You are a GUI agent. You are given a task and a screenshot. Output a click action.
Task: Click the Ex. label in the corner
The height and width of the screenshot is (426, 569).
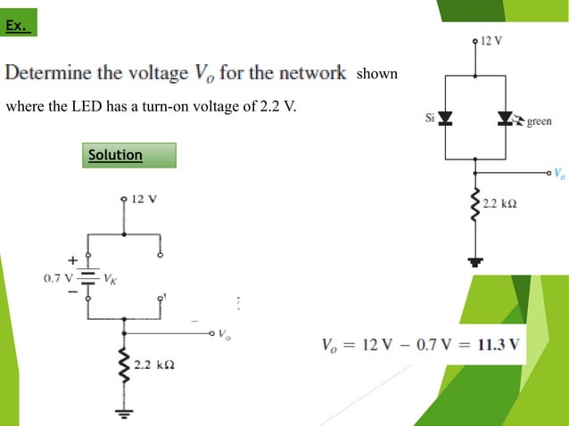coord(16,27)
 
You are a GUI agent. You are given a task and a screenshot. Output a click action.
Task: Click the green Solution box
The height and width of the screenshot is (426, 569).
coord(128,155)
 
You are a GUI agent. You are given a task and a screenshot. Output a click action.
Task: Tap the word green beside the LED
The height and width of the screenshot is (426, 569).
coord(539,122)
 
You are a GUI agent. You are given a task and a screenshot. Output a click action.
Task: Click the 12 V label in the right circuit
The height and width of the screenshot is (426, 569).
coord(491,41)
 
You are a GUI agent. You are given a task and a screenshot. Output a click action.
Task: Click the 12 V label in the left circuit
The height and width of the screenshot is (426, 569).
coord(144,198)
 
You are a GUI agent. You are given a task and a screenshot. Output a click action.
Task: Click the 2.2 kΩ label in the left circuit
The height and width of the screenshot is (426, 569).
coord(153,365)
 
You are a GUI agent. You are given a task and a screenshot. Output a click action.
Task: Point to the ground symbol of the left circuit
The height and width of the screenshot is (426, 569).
coord(124,413)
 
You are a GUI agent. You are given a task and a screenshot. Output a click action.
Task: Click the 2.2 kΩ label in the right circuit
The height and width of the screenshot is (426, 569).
coord(500,204)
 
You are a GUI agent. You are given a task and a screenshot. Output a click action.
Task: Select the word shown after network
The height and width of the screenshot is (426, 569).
coord(376,74)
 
